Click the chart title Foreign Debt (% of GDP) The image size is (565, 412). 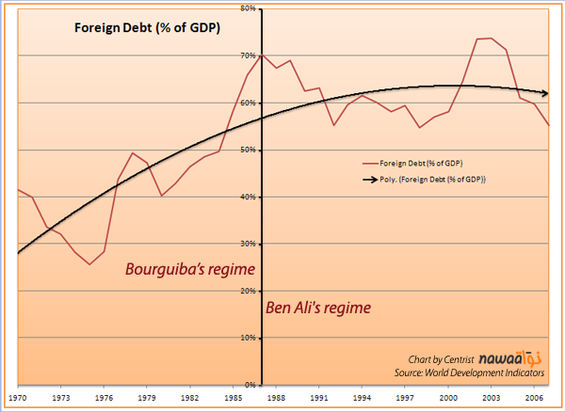(147, 27)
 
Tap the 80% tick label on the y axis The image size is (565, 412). (250, 8)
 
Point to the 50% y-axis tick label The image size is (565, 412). (250, 150)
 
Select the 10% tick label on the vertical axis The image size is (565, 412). (250, 338)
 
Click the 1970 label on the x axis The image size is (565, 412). (17, 399)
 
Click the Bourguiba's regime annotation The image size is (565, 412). (190, 270)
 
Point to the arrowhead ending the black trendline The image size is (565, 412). (545, 93)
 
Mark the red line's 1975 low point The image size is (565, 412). (89, 264)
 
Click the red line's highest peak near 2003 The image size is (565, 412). (490, 39)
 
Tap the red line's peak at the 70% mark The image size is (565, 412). (262, 55)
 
